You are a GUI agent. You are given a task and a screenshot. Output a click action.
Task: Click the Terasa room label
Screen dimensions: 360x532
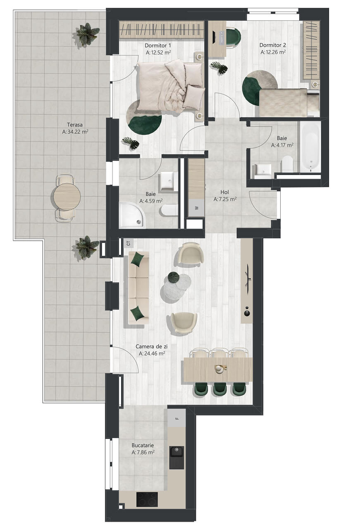point(75,125)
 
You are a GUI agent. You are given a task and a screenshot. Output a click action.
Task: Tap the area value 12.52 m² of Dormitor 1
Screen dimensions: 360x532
point(158,53)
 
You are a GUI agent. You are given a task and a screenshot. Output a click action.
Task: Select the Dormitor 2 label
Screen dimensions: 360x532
point(273,45)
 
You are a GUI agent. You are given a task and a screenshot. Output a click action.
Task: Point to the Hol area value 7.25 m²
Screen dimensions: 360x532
point(225,199)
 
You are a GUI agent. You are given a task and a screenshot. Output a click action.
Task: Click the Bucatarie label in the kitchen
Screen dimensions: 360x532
point(143,445)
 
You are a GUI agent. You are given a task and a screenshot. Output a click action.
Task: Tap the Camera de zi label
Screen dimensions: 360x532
point(151,347)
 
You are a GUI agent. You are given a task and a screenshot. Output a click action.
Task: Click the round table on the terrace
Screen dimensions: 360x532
point(67,197)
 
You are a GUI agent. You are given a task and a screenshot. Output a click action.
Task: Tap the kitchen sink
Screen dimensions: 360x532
point(177,458)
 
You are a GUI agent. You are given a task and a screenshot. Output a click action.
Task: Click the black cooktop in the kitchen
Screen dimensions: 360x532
point(147,499)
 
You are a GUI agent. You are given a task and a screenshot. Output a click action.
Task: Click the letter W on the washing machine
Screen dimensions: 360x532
point(196,208)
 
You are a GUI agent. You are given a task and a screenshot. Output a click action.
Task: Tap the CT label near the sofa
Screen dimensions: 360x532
point(129,243)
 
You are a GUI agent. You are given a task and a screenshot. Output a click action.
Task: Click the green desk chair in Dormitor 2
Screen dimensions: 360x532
point(233,38)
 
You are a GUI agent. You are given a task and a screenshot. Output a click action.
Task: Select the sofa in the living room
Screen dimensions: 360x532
point(138,288)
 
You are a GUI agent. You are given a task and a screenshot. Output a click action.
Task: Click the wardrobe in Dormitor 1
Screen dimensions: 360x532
point(161,30)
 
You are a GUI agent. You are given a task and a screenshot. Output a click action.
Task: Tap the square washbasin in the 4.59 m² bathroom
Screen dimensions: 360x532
point(168,181)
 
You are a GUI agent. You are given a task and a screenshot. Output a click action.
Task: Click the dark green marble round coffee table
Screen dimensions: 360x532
point(174,278)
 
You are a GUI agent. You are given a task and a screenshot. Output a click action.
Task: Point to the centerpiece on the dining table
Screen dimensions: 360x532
point(220,369)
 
